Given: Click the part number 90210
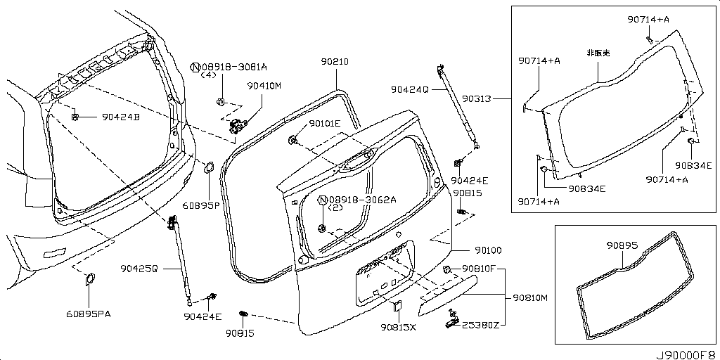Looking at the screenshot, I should pyautogui.click(x=335, y=62).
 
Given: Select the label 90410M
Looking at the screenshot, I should pyautogui.click(x=264, y=86).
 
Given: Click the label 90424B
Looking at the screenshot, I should pyautogui.click(x=121, y=117).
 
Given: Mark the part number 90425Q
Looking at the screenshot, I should pyautogui.click(x=139, y=268).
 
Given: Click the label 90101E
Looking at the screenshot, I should pyautogui.click(x=324, y=124).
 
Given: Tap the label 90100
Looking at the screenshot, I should pyautogui.click(x=487, y=250).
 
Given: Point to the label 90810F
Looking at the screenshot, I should pyautogui.click(x=480, y=269).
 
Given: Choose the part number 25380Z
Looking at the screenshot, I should pyautogui.click(x=480, y=324).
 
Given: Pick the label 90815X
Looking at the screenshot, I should pyautogui.click(x=399, y=327).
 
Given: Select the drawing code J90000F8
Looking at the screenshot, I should pyautogui.click(x=686, y=352).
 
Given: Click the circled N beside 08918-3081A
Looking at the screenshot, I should pyautogui.click(x=195, y=67).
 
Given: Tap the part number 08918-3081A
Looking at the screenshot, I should pyautogui.click(x=234, y=67).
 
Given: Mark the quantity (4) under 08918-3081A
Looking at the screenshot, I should pyautogui.click(x=208, y=75).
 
